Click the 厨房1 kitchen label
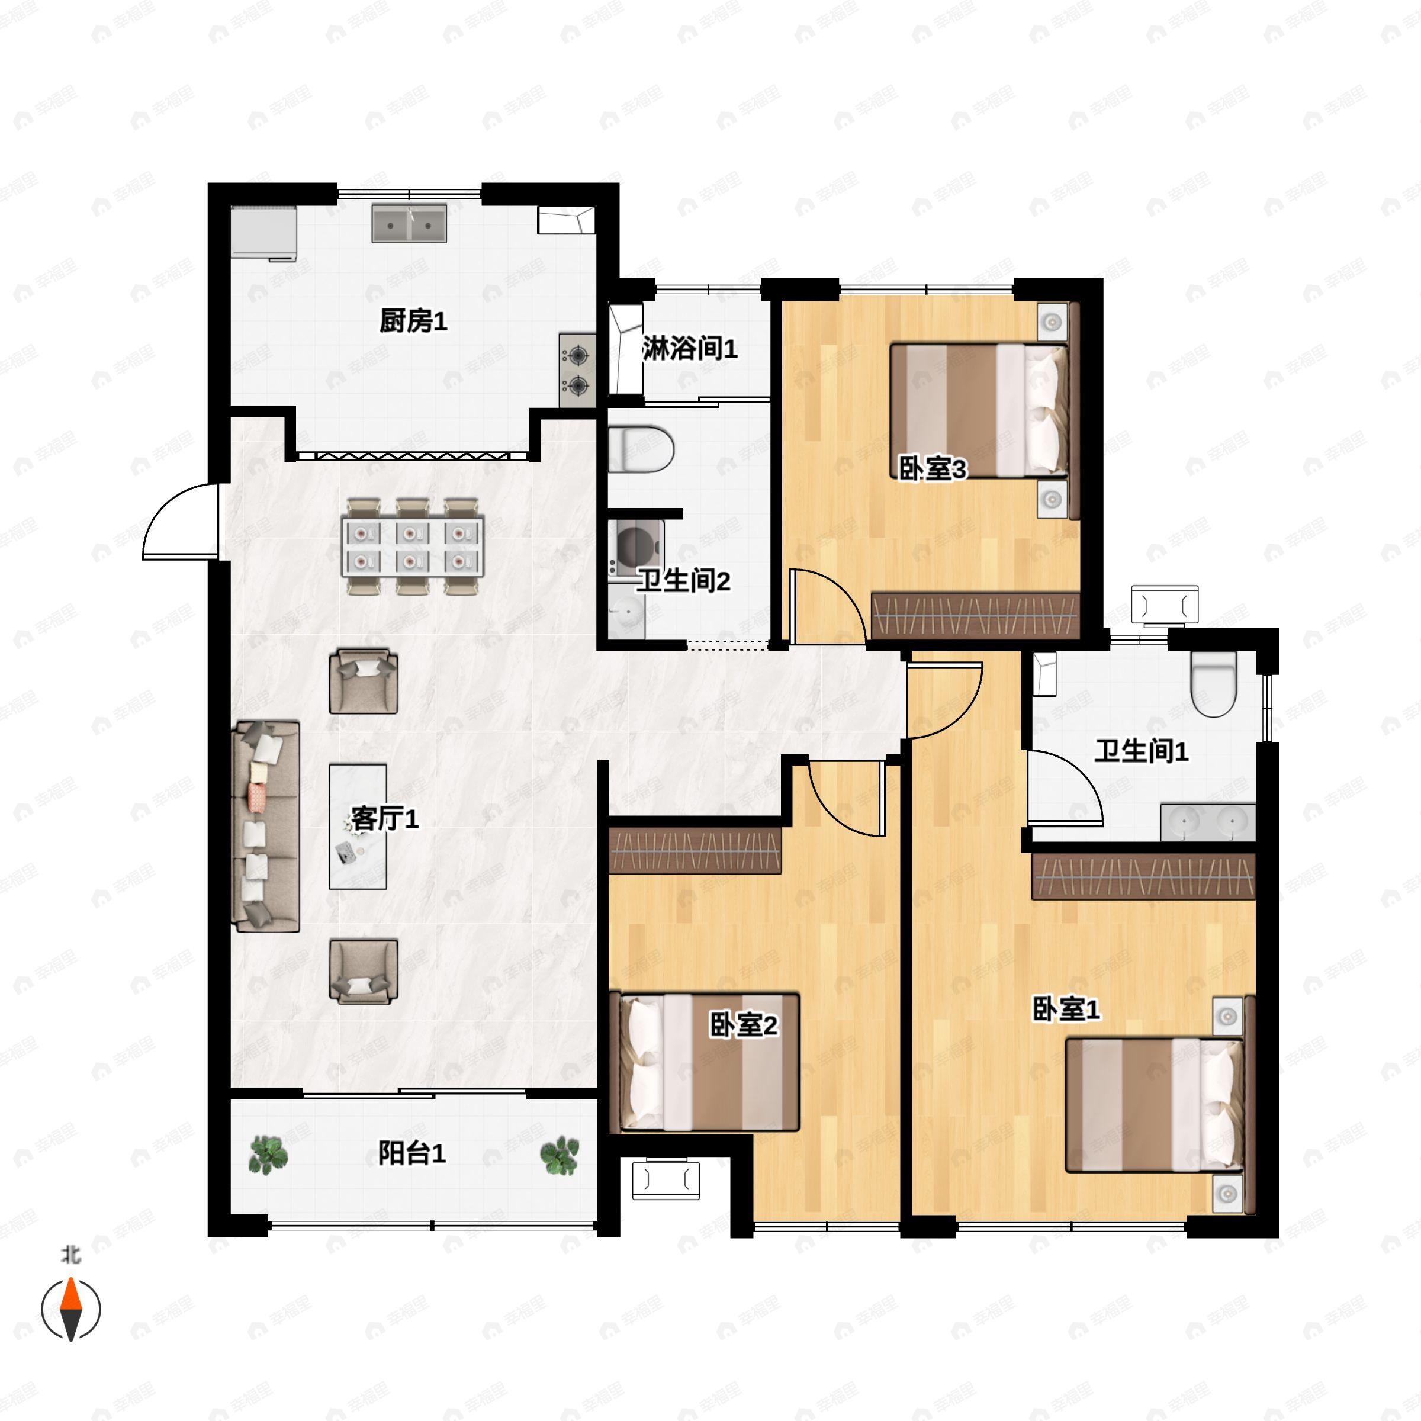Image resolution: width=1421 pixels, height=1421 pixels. click(413, 322)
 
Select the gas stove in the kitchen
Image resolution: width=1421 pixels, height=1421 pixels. click(577, 370)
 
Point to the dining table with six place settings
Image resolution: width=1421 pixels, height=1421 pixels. click(412, 546)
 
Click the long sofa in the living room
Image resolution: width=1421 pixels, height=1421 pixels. click(265, 826)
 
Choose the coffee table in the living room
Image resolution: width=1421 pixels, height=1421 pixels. click(358, 826)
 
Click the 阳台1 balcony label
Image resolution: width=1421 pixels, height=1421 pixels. click(411, 1153)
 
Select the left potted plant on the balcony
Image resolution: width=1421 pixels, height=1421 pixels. click(267, 1153)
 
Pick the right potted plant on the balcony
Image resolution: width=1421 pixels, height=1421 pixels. click(560, 1154)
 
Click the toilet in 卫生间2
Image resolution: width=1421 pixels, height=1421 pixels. click(641, 448)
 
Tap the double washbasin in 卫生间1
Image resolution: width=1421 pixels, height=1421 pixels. click(1207, 822)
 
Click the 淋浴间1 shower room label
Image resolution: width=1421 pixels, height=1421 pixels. click(689, 348)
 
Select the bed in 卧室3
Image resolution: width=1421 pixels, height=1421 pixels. click(978, 409)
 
